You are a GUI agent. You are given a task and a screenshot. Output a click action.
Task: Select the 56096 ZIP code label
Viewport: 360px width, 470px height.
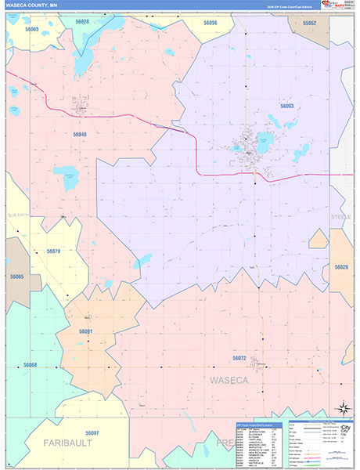[210, 23]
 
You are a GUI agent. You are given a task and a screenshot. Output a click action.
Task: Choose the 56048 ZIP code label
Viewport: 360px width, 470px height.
[81, 134]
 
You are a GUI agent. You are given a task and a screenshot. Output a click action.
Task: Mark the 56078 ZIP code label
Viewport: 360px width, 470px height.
[53, 251]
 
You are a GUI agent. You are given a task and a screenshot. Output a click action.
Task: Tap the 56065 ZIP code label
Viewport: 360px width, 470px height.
[16, 277]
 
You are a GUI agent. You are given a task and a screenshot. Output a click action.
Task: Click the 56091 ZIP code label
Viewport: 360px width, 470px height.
[86, 331]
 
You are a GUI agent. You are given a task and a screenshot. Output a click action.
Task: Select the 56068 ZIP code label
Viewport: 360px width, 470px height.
[31, 365]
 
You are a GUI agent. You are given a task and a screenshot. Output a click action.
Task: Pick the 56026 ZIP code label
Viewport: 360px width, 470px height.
[342, 267]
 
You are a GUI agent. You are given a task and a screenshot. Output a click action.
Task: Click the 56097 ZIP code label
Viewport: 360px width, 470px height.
[92, 433]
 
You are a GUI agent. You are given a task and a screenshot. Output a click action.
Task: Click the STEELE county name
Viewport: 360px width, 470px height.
[340, 215]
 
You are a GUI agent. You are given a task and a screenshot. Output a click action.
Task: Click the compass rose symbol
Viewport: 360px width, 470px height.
[342, 408]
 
